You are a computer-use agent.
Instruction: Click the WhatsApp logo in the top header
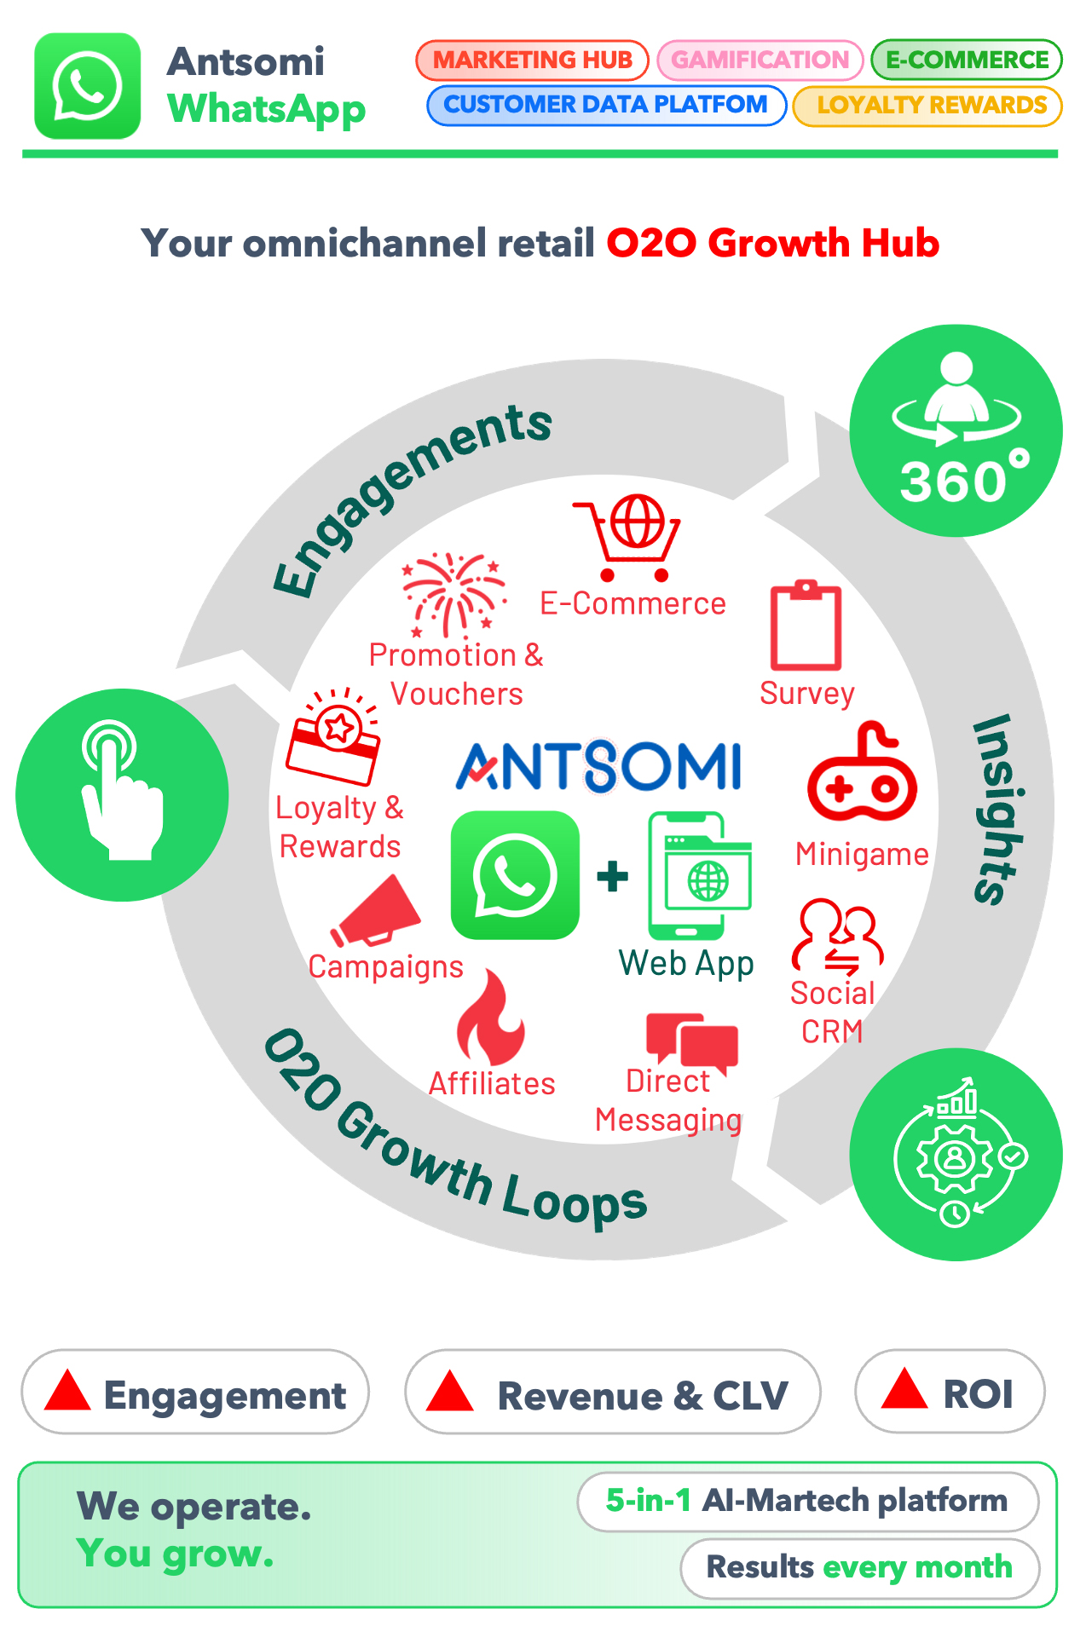coord(87,86)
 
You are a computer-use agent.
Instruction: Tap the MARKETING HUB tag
coord(533,61)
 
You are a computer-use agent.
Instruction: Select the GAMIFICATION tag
coord(760,61)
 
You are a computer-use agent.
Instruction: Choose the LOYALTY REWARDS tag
coord(927,106)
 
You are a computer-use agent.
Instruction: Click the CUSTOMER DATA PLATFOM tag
coord(606,105)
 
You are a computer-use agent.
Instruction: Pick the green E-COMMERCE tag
coord(967,60)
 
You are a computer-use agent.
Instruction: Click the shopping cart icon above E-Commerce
coord(629,538)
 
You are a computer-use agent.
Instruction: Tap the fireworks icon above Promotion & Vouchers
coord(454,595)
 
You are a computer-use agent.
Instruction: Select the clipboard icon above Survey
coord(806,626)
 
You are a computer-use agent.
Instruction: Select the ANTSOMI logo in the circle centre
coord(599,766)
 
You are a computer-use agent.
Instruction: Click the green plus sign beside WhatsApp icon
coord(613,876)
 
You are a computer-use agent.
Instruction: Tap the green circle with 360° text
coord(956,431)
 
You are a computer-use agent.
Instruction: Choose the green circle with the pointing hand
coord(122,794)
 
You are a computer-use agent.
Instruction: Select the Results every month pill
coord(859,1568)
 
